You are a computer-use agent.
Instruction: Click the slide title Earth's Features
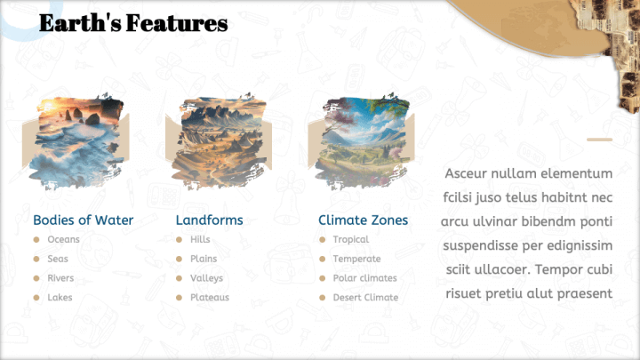pos(133,23)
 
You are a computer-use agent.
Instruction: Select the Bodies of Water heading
pos(84,220)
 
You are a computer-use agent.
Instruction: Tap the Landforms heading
pos(210,220)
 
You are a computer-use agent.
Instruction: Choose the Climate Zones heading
pos(363,220)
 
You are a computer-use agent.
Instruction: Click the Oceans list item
pos(64,240)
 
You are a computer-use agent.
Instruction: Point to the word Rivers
pos(60,278)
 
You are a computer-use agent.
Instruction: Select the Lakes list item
pos(60,298)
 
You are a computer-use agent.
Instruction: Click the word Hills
pos(200,240)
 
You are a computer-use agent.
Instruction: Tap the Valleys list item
pos(206,278)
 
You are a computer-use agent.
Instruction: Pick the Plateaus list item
pos(210,298)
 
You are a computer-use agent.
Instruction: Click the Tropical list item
pos(350,240)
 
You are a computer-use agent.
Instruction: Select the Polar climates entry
pos(365,278)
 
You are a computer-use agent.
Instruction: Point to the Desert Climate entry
pos(365,298)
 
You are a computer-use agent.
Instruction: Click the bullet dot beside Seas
pos(36,259)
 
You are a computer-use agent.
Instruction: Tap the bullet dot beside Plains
pos(179,259)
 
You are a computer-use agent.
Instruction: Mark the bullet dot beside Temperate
pos(322,259)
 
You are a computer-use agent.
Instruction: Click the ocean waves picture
pos(76,141)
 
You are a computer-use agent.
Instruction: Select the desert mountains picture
pos(219,141)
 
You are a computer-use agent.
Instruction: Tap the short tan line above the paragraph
pos(600,140)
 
